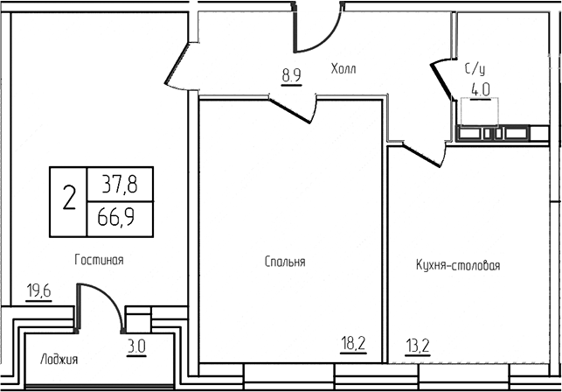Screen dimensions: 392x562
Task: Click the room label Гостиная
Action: coord(99,260)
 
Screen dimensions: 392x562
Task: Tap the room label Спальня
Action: coord(284,262)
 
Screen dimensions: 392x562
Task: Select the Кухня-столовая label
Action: coord(458,266)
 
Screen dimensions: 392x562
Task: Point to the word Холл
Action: coord(344,67)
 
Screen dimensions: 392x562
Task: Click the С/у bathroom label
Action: coord(475,66)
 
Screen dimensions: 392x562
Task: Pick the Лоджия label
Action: coord(59,359)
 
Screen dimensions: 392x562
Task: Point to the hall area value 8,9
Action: coord(291,75)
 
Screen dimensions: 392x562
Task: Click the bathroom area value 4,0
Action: coord(480,88)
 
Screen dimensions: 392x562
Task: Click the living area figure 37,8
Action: coord(121,184)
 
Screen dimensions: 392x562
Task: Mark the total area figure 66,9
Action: coord(121,217)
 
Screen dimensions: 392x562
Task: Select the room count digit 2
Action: coord(68,200)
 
